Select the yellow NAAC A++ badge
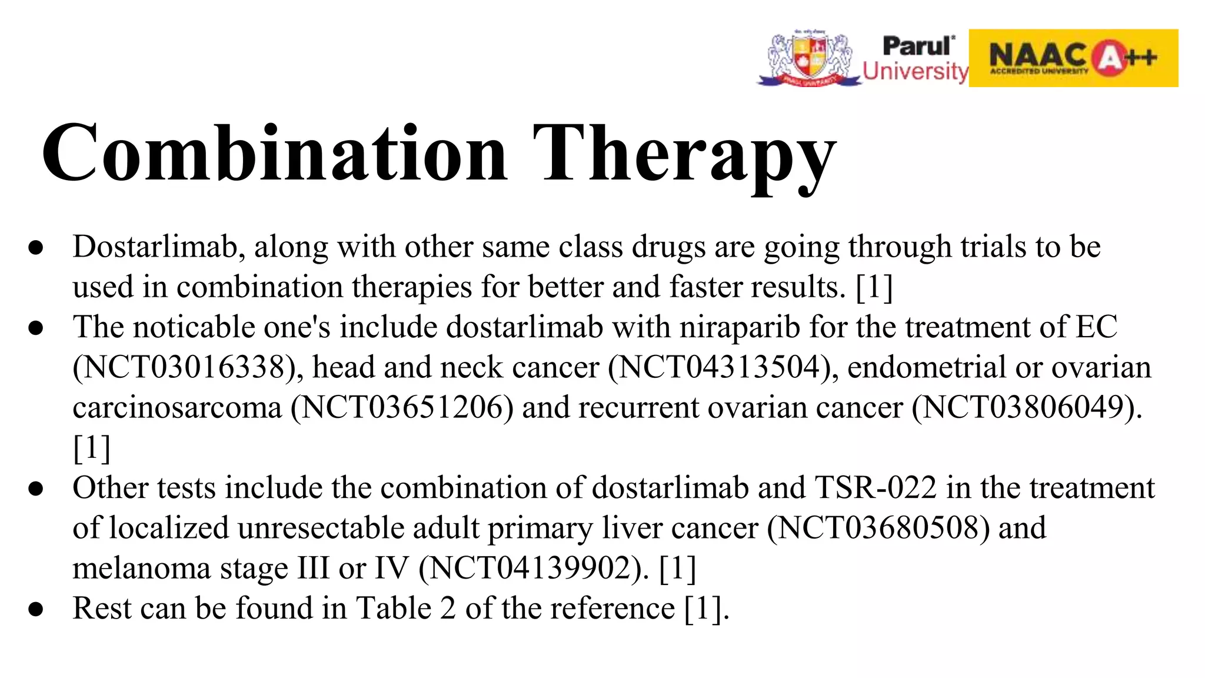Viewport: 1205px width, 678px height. click(1073, 58)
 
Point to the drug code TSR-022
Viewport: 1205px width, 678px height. click(876, 488)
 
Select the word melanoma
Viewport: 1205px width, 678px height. click(142, 569)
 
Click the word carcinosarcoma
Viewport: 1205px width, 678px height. click(177, 408)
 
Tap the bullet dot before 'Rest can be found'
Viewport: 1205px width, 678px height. click(36, 609)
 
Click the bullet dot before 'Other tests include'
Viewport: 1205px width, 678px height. click(36, 488)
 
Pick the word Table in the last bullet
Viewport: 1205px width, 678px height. click(394, 609)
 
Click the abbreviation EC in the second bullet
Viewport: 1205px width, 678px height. click(1096, 327)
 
